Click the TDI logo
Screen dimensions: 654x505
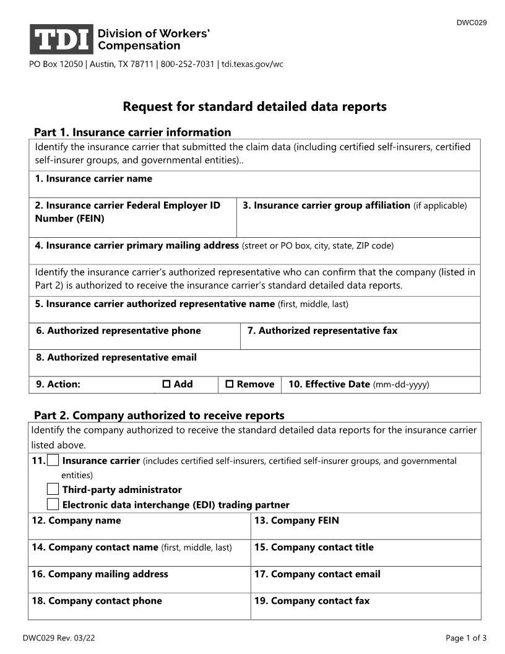pyautogui.click(x=61, y=39)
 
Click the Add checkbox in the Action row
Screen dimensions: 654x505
pyautogui.click(x=166, y=385)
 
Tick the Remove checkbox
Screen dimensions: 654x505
pyautogui.click(x=230, y=385)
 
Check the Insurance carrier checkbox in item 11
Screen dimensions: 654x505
pyautogui.click(x=54, y=460)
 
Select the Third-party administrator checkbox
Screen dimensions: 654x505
pyautogui.click(x=54, y=489)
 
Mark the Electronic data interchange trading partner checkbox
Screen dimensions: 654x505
pyautogui.click(x=54, y=504)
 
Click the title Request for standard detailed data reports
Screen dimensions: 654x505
pyautogui.click(x=254, y=107)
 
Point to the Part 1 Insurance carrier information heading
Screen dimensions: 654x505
pyautogui.click(x=132, y=132)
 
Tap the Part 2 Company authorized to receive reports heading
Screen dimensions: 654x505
pyautogui.click(x=159, y=415)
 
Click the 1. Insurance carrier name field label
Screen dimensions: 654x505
pyautogui.click(x=93, y=179)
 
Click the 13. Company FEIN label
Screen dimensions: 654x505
pyautogui.click(x=296, y=521)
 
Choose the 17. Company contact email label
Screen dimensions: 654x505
pyautogui.click(x=317, y=574)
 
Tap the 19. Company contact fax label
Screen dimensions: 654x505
pyautogui.click(x=312, y=601)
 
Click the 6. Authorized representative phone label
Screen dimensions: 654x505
pyautogui.click(x=118, y=331)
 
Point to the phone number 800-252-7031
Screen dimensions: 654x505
pyautogui.click(x=188, y=64)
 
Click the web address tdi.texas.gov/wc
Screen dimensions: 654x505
pyautogui.click(x=252, y=64)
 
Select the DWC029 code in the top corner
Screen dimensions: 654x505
pyautogui.click(x=472, y=23)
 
